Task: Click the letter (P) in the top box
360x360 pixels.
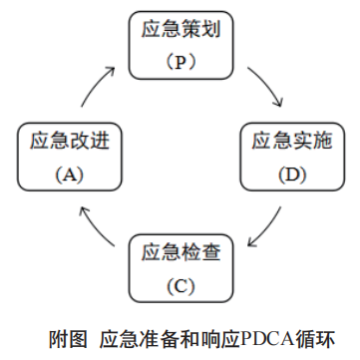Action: click(x=180, y=62)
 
